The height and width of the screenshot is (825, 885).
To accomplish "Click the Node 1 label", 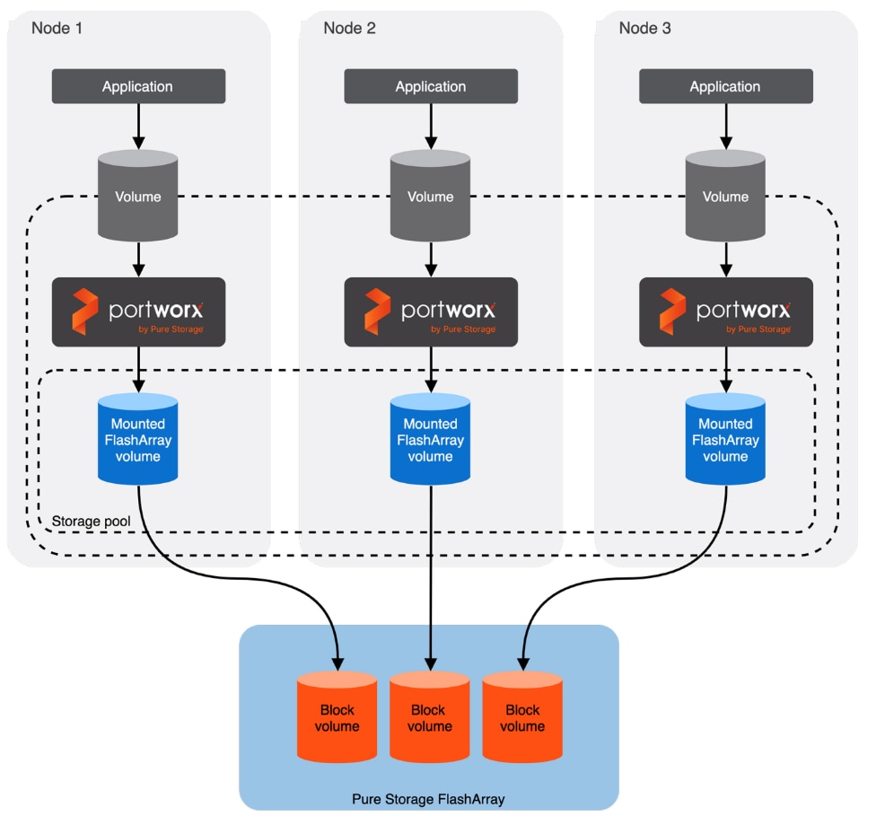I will [57, 28].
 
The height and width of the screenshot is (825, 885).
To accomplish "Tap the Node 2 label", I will [349, 28].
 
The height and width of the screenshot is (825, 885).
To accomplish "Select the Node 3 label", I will [644, 28].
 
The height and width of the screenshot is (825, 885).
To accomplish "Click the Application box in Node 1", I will [137, 86].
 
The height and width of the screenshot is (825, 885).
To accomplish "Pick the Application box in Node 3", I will [725, 86].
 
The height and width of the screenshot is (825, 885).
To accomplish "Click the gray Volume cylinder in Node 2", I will [431, 196].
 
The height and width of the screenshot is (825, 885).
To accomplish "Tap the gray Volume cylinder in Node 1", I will [138, 196].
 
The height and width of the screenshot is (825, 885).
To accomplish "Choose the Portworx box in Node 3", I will [725, 312].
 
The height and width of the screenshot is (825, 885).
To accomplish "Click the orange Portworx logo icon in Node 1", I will [84, 311].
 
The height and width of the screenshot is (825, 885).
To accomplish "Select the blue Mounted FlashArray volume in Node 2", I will [431, 440].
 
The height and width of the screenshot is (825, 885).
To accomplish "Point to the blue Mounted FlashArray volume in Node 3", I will [725, 440].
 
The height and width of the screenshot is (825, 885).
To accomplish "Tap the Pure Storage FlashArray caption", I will [429, 798].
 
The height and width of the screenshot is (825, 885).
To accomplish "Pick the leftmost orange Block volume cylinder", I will [337, 716].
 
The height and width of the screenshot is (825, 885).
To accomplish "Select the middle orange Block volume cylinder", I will [429, 716].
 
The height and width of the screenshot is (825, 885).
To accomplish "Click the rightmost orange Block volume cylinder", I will [522, 716].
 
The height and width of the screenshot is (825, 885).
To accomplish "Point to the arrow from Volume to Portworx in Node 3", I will [725, 259].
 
